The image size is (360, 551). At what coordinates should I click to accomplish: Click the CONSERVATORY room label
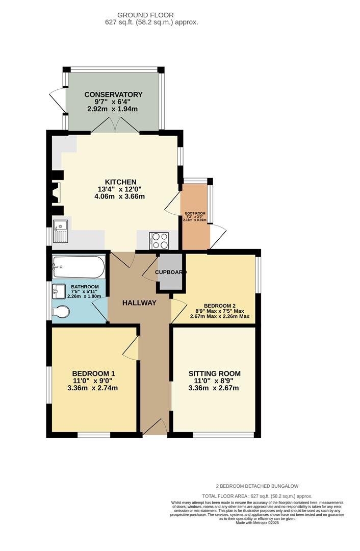click(113, 94)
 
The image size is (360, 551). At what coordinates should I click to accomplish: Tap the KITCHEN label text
click(120, 182)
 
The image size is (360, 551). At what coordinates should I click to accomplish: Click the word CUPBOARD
click(171, 272)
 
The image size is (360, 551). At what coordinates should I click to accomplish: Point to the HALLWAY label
click(139, 303)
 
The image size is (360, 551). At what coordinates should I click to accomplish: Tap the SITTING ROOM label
click(214, 373)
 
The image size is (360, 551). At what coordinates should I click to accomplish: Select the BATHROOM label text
click(85, 287)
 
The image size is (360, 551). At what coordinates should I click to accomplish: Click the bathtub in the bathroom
click(79, 266)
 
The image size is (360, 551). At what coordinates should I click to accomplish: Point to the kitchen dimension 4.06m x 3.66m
click(120, 196)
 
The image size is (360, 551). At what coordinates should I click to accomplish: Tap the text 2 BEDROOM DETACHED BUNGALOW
click(256, 486)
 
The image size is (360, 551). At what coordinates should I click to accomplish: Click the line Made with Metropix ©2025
click(257, 522)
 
